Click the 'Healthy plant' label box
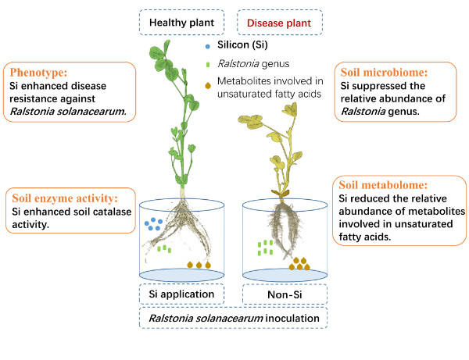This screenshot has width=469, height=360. pos(182,22)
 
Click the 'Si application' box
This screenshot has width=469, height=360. pos(182,294)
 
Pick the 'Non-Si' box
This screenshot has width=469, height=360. pos(285,294)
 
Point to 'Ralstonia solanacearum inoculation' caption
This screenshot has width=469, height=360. pos(234,318)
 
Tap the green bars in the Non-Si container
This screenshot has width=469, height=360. pos(266,248)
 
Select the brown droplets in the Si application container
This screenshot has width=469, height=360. pos(199,265)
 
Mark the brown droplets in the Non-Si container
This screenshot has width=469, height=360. pos(298,264)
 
